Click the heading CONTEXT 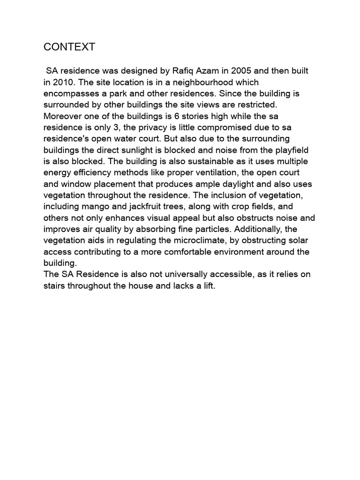pyautogui.click(x=69, y=47)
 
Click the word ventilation pyautogui.click(x=205, y=172)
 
